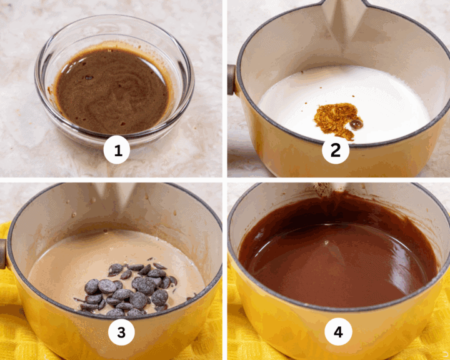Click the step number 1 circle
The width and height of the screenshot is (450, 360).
[117, 150]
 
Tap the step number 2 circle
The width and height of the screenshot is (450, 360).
[336, 150]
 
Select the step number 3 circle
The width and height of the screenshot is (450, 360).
[121, 332]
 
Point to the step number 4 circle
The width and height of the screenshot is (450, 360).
[338, 332]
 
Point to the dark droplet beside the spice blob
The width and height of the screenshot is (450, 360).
[356, 124]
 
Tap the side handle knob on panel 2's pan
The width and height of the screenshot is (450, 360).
[231, 80]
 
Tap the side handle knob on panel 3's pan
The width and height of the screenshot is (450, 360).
[2, 254]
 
